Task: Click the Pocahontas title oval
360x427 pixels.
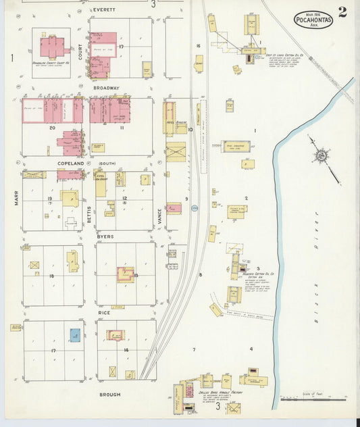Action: (313, 20)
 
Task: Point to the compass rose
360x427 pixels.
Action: (319, 157)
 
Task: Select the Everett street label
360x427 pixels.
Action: (105, 9)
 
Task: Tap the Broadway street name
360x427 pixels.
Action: (106, 88)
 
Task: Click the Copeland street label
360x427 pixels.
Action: (70, 164)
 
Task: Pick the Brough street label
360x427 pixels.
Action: (110, 394)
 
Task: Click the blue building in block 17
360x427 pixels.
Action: (74, 334)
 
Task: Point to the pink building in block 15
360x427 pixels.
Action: (125, 274)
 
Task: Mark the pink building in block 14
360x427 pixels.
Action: (115, 334)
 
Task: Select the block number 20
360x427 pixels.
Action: (52, 127)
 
